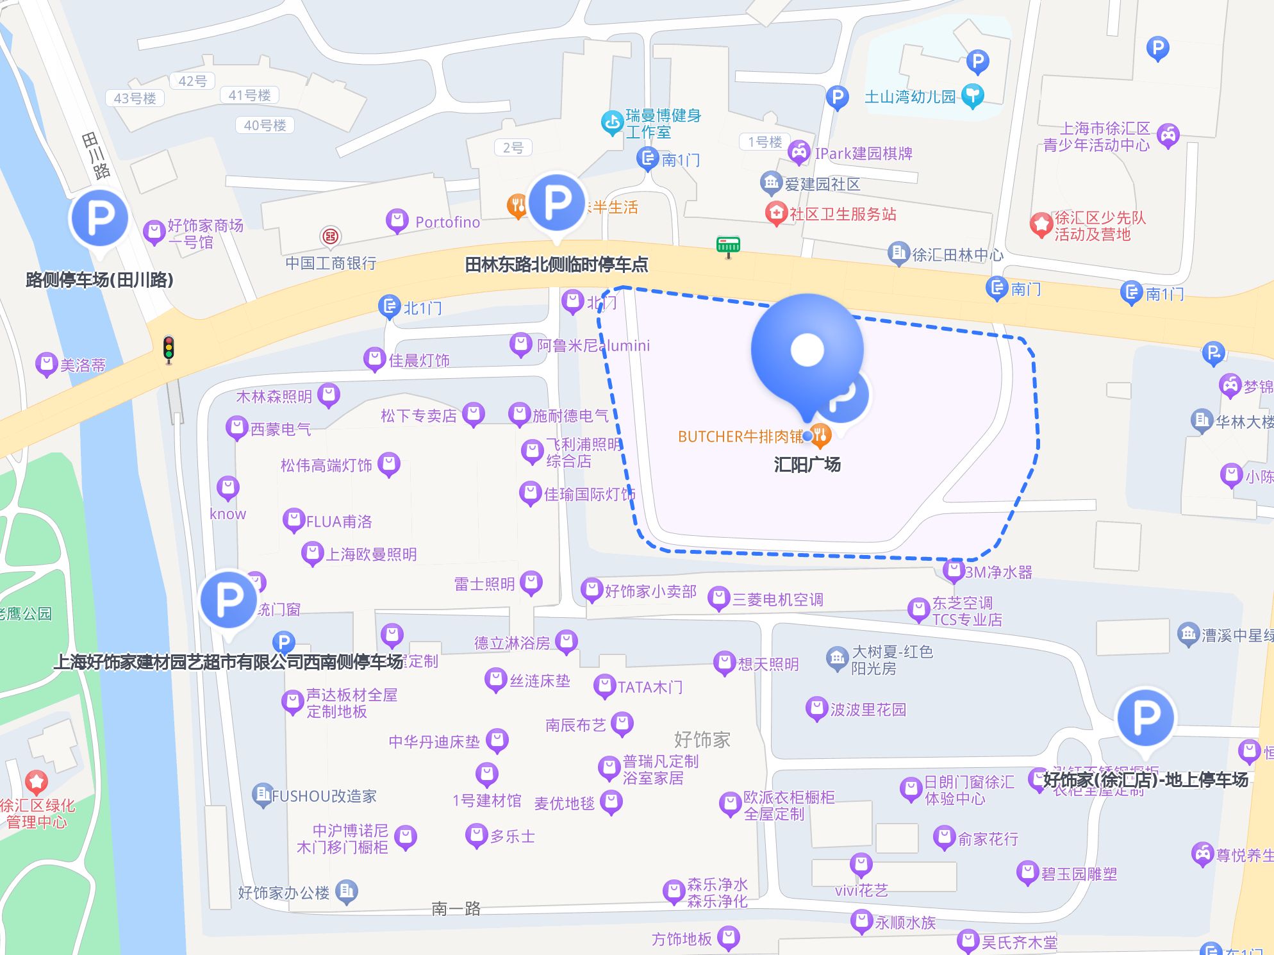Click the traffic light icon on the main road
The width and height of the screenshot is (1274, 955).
(169, 349)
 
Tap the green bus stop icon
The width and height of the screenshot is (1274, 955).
(728, 245)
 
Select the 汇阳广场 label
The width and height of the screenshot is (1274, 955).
(807, 464)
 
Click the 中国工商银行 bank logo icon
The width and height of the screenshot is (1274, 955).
(331, 237)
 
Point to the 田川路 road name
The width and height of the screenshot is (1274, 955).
(96, 155)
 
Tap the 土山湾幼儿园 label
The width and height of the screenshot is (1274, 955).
(909, 97)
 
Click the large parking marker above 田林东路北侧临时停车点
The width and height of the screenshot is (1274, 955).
(557, 203)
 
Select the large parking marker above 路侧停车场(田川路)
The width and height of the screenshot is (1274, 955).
(99, 219)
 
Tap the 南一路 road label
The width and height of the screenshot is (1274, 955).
(456, 908)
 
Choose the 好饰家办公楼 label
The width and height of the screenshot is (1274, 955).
(283, 892)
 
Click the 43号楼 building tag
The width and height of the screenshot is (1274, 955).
(135, 98)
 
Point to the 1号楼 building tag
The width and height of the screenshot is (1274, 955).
(765, 142)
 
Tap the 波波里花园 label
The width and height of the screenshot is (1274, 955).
(868, 710)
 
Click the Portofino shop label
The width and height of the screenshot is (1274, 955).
(447, 222)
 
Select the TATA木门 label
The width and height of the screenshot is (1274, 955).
(649, 687)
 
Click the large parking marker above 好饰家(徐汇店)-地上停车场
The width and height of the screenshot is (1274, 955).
(1145, 718)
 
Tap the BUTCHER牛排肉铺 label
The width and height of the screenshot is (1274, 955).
(740, 436)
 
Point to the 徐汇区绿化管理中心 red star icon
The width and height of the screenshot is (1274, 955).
(37, 781)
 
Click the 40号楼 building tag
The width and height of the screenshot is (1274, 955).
(265, 125)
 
